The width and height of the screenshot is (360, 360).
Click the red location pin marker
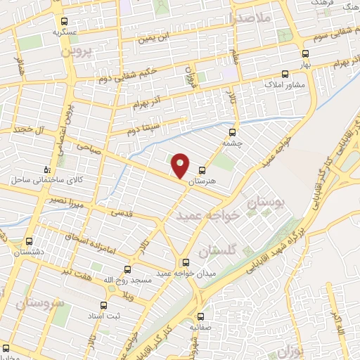pos(181,165)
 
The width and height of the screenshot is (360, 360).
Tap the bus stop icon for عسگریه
pos(65,22)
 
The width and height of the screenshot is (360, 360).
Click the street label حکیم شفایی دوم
pos(146,69)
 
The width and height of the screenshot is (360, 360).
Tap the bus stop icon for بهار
pos(304,53)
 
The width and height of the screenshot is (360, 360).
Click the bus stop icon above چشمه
pos(233,131)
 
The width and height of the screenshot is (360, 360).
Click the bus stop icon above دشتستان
pos(29,240)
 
